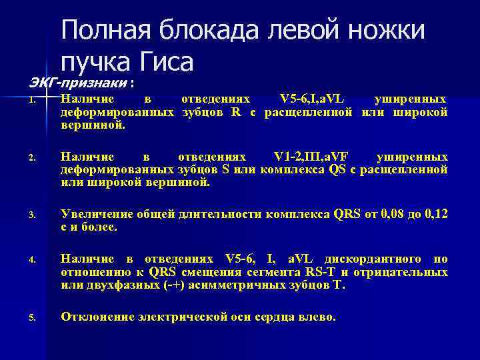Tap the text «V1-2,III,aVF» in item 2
pyautogui.click(x=313, y=157)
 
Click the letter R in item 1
pyautogui.click(x=236, y=111)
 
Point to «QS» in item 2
pyautogui.click(x=337, y=169)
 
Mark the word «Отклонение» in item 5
pyautogui.click(x=97, y=317)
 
